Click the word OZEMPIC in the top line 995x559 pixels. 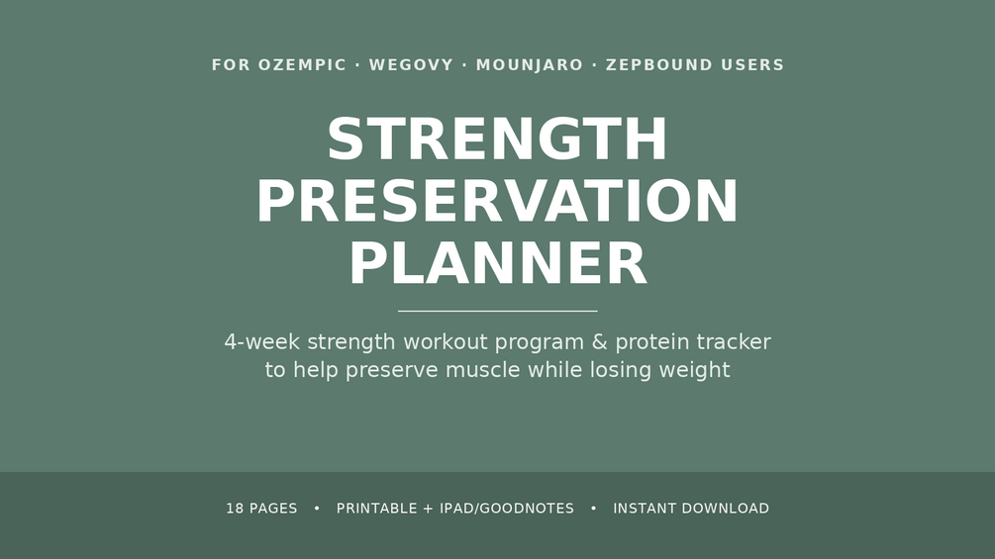click(302, 64)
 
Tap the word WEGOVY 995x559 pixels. click(411, 64)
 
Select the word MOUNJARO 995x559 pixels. click(530, 64)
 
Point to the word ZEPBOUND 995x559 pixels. click(659, 64)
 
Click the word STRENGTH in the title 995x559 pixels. click(497, 140)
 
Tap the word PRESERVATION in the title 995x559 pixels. click(497, 201)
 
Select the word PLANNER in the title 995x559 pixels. click(497, 263)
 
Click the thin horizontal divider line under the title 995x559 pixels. click(497, 312)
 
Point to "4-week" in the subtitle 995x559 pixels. click(262, 341)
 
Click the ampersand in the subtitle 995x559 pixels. click(600, 341)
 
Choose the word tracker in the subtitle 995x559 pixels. click(734, 341)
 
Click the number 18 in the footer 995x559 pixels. click(235, 509)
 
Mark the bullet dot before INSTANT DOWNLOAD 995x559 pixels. click(593, 509)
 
